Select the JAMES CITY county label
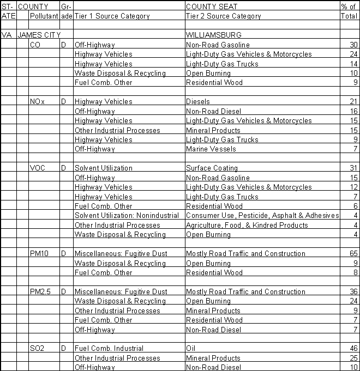click(x=39, y=35)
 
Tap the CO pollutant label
click(x=34, y=45)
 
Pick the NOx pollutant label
click(x=37, y=102)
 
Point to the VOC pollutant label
click(x=38, y=168)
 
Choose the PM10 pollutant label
click(x=39, y=254)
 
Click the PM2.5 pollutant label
click(x=40, y=292)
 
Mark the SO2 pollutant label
click(x=37, y=349)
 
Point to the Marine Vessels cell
click(x=211, y=149)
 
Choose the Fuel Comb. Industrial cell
click(x=109, y=349)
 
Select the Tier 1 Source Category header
click(x=112, y=16)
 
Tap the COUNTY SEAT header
click(x=208, y=7)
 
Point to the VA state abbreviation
click(x=7, y=35)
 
